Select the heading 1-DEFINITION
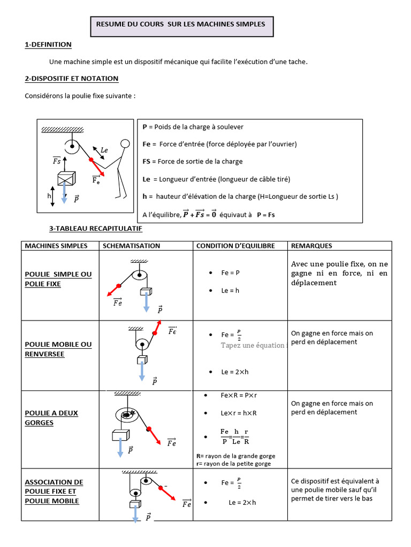(x=48, y=45)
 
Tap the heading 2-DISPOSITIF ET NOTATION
(x=72, y=79)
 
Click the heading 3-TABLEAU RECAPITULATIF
(x=95, y=229)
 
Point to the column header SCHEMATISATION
(x=131, y=246)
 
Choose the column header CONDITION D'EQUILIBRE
(x=235, y=246)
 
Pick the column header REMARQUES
(x=311, y=246)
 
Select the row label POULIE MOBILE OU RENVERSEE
(x=58, y=349)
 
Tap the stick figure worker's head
(x=125, y=143)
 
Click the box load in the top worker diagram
(x=66, y=178)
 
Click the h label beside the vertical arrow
(x=49, y=196)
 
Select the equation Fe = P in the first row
(x=231, y=272)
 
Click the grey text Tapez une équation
(x=253, y=345)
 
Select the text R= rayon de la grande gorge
(x=235, y=456)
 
